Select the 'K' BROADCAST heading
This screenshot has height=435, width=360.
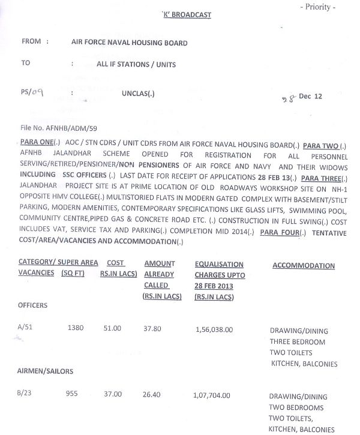click(188, 14)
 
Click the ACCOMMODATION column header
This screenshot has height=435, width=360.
click(304, 266)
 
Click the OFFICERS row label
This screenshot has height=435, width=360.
click(32, 305)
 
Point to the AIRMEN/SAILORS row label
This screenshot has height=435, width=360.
click(46, 371)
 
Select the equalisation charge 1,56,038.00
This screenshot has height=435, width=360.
click(214, 329)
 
